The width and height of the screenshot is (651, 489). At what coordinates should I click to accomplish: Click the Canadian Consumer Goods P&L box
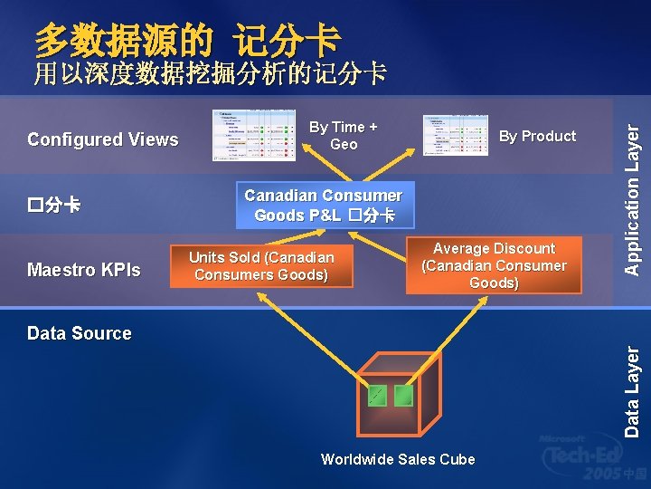(x=323, y=206)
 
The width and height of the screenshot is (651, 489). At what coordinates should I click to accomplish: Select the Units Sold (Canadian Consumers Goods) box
(x=261, y=266)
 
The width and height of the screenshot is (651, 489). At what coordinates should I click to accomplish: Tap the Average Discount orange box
(x=494, y=265)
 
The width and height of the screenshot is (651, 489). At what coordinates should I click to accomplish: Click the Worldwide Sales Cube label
(x=398, y=459)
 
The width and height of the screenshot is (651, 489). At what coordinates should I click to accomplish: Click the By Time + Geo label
(x=344, y=136)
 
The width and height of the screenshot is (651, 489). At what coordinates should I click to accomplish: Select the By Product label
(x=537, y=136)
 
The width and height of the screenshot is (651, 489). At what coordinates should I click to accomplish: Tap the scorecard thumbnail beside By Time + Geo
(x=254, y=136)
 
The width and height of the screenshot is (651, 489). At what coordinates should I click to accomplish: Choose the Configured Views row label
(x=103, y=139)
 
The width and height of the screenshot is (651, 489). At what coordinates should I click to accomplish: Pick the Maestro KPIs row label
(x=84, y=269)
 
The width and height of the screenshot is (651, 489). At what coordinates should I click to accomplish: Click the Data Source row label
(x=80, y=333)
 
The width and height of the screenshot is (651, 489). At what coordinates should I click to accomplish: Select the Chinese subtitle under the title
(x=210, y=73)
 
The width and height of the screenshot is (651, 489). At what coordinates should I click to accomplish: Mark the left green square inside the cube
(x=376, y=395)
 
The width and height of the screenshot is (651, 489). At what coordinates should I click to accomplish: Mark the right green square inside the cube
(x=403, y=395)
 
